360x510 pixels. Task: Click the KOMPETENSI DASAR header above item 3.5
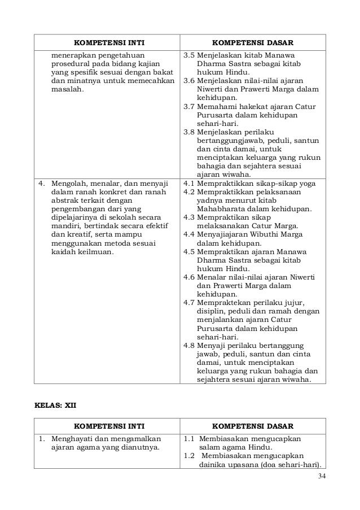pos(252,43)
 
